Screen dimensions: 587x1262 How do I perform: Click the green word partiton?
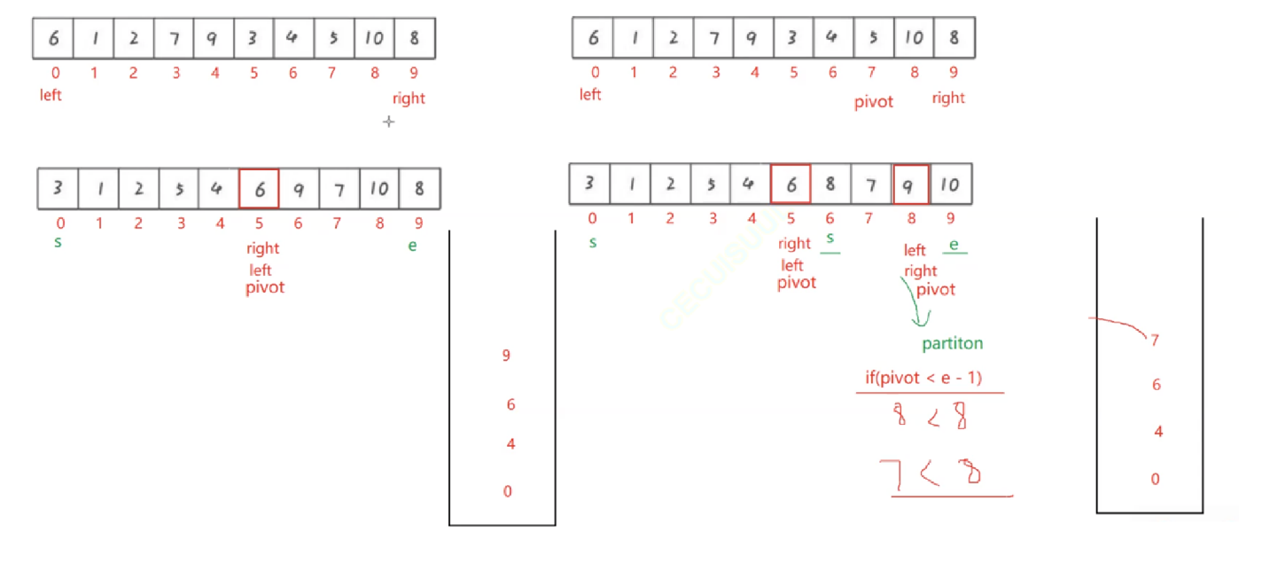tap(952, 343)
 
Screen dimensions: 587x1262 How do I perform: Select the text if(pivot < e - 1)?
tap(923, 378)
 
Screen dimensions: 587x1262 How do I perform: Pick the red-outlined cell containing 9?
tap(910, 184)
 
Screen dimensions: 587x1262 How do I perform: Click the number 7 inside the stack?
tap(1155, 340)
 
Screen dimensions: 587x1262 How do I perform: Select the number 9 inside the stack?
tap(506, 356)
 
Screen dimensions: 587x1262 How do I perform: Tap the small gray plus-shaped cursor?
tap(388, 121)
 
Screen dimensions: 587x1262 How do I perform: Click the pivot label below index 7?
tap(873, 102)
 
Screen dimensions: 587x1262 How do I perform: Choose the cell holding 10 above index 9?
tap(950, 184)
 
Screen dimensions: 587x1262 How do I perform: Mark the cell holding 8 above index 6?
tap(830, 184)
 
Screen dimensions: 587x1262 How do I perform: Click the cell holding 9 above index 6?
tap(299, 189)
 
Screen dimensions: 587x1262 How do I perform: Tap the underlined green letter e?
tap(954, 245)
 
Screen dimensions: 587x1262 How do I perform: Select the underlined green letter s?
tap(830, 239)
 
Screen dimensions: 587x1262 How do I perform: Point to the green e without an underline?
tap(412, 246)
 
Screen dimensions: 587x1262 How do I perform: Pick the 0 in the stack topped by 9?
tap(507, 491)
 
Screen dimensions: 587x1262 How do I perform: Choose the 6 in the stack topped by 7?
tap(1156, 385)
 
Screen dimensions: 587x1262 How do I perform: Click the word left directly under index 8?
tap(914, 250)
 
